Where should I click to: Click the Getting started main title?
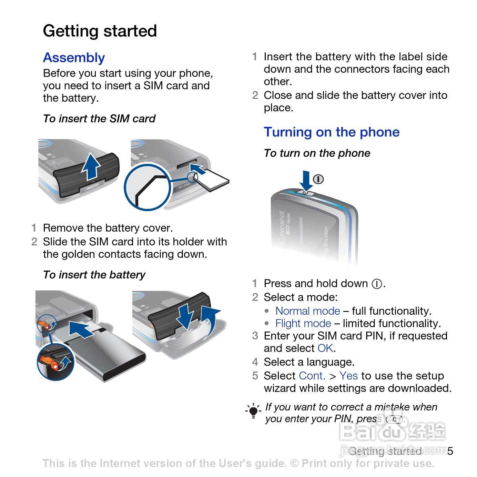tap(100, 31)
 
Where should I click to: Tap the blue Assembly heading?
tap(74, 58)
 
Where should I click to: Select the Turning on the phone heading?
tap(332, 132)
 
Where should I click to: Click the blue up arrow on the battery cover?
tap(91, 166)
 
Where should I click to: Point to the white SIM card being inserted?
tap(213, 180)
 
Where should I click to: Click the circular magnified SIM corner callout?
tap(148, 187)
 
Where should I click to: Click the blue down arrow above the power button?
tap(305, 180)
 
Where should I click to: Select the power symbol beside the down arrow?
tap(318, 179)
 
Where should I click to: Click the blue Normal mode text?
tap(308, 311)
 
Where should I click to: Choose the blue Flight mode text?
tap(303, 323)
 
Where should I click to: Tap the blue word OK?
tap(325, 348)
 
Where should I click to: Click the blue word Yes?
tap(348, 376)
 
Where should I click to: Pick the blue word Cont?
tap(312, 376)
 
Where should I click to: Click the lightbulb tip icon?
tap(253, 411)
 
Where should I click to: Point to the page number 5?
tap(450, 451)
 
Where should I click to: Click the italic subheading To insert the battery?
tap(94, 275)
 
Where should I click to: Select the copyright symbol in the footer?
tap(294, 463)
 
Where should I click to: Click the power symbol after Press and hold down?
tap(377, 284)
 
